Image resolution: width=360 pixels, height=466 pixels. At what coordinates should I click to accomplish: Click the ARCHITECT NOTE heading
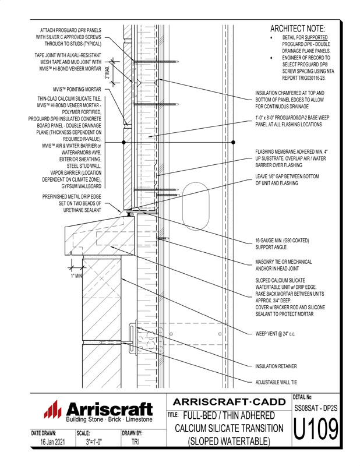tap(298, 29)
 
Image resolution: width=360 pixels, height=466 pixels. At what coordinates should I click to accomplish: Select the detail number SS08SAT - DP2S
tap(315, 409)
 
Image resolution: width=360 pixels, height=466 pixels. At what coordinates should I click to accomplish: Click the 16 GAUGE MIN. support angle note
tap(281, 244)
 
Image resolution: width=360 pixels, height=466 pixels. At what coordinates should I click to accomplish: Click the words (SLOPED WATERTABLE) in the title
tap(229, 442)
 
